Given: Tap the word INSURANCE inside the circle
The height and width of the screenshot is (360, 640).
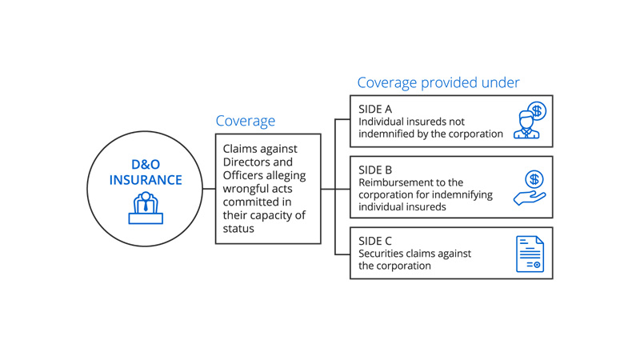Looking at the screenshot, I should (x=146, y=180).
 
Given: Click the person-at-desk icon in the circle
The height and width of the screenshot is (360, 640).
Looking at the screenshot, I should (x=146, y=207).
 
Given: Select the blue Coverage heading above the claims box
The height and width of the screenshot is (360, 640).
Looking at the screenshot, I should (x=245, y=121).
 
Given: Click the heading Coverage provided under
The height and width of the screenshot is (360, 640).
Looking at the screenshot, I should (x=438, y=82).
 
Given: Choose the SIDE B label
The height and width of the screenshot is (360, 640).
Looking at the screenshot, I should (x=377, y=170).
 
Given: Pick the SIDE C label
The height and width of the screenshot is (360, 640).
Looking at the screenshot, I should (x=377, y=240).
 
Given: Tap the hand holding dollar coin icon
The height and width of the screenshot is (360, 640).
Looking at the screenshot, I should (x=530, y=190).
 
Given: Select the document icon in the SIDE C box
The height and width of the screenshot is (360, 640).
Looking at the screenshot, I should (x=529, y=253).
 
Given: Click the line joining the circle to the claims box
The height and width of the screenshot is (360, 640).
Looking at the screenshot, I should (x=210, y=190).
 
